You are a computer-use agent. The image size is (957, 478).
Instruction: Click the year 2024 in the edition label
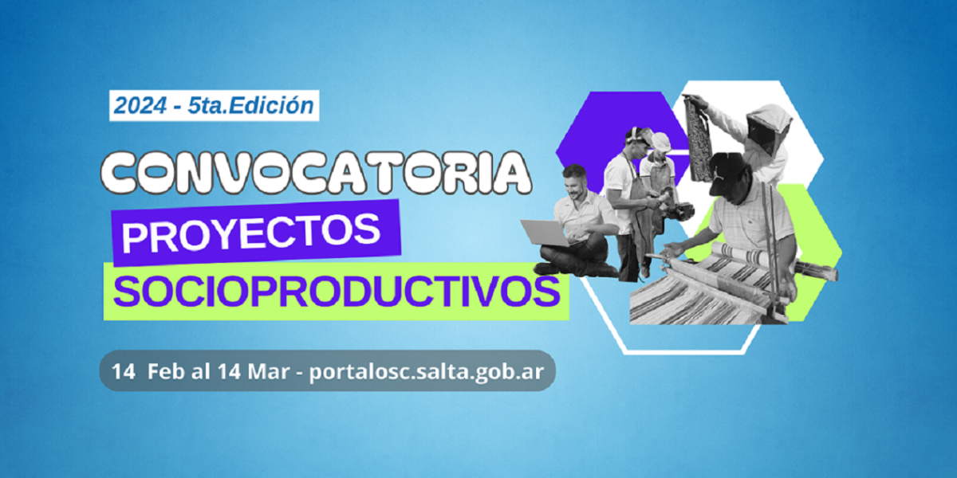coord(140,106)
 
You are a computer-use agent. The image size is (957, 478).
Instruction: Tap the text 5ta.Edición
coord(250,106)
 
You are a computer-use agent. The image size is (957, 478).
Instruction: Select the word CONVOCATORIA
coord(317,171)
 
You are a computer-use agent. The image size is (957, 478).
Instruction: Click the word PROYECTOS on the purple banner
coord(251,233)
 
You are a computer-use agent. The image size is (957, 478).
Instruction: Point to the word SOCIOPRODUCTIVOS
coord(337,292)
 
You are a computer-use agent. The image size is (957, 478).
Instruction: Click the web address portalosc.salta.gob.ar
coord(427,372)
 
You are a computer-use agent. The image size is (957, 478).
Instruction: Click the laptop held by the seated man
coord(545,233)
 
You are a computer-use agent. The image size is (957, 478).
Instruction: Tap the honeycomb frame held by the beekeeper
coord(698,137)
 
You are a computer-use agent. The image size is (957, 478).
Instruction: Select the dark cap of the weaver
coord(727,174)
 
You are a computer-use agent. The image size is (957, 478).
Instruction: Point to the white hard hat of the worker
coord(660,142)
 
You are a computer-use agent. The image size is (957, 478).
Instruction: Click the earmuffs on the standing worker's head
coord(632,136)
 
